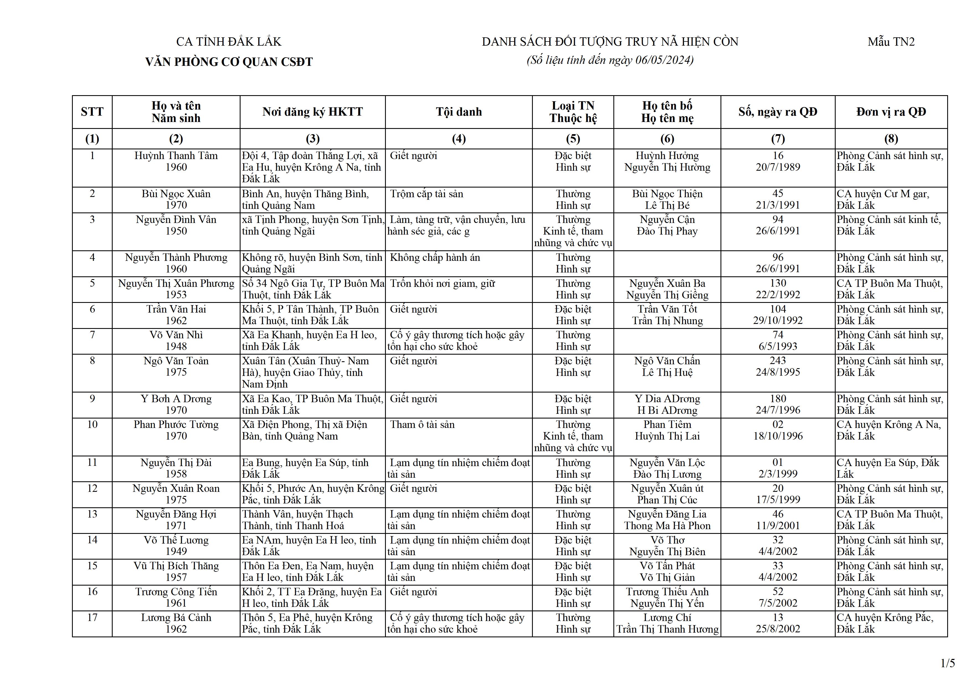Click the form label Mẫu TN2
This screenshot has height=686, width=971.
point(891,42)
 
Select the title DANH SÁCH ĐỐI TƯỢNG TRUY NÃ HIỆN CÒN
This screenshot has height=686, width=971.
point(610,42)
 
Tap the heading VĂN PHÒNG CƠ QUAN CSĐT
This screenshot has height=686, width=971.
point(229,62)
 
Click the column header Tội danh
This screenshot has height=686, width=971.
point(459,112)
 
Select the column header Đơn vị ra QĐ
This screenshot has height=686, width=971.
point(891,112)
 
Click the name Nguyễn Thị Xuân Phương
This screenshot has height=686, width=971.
point(176,284)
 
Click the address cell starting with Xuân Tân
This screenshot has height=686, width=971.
point(305,372)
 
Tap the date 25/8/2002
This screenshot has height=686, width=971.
point(778,629)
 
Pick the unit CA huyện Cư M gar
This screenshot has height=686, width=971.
point(883,194)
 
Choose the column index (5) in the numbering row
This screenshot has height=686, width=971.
point(573,139)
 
